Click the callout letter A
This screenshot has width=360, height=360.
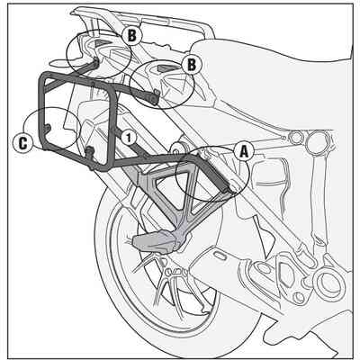pyautogui.click(x=244, y=152)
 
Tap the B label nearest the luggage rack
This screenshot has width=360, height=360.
pyautogui.click(x=131, y=36)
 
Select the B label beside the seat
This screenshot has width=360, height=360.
pyautogui.click(x=191, y=65)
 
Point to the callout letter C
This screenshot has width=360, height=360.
pyautogui.click(x=22, y=143)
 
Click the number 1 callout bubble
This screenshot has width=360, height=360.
pyautogui.click(x=129, y=138)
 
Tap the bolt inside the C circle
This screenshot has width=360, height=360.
pyautogui.click(x=47, y=127)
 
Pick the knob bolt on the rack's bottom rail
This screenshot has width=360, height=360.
pyautogui.click(x=89, y=151)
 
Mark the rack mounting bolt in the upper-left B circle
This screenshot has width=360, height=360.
pyautogui.click(x=96, y=61)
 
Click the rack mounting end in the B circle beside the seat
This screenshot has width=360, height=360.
pyautogui.click(x=155, y=96)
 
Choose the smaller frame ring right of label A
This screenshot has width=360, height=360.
pyautogui.click(x=296, y=138)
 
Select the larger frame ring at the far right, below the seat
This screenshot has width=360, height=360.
pyautogui.click(x=319, y=140)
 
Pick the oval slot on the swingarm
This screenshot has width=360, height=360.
pyautogui.click(x=221, y=256)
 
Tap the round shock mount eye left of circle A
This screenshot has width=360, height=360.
pyautogui.click(x=177, y=148)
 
